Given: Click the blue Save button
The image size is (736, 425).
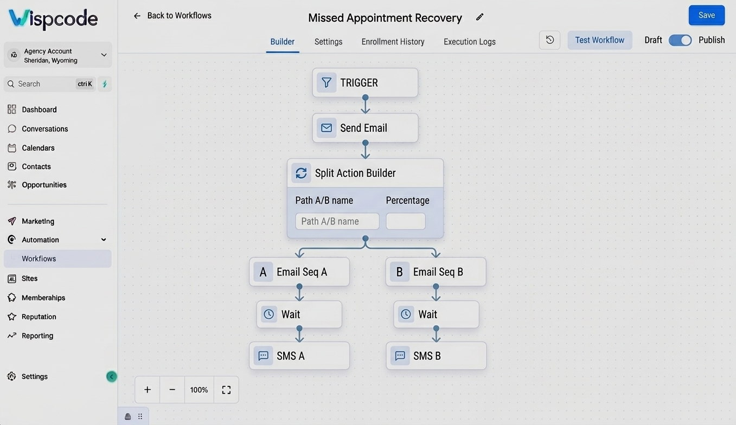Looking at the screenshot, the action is [x=706, y=15].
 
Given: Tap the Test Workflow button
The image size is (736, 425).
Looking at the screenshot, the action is [x=600, y=40].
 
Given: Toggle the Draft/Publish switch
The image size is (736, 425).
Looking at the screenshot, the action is [x=680, y=40].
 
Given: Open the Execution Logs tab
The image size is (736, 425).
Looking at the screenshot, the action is [x=470, y=42].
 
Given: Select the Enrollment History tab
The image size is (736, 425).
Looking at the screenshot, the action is [x=393, y=42].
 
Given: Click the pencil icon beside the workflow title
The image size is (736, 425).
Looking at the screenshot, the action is [x=479, y=17].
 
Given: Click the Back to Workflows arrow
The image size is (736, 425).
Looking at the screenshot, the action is [x=137, y=16].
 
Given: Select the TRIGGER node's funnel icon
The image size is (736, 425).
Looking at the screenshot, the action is [x=327, y=82].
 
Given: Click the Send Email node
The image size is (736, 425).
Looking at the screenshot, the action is [x=365, y=128].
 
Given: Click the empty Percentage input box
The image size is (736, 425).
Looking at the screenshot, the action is [x=406, y=221].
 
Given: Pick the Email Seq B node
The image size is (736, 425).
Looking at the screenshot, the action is [x=436, y=272].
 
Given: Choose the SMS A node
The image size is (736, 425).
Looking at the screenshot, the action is [x=299, y=356].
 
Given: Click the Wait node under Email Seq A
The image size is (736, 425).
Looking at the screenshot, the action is [x=299, y=314].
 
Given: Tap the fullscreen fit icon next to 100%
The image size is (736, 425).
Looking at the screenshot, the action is [x=226, y=390].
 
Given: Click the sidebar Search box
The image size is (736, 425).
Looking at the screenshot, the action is [x=49, y=84].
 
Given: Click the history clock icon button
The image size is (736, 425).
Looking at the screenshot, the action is [x=549, y=40].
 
